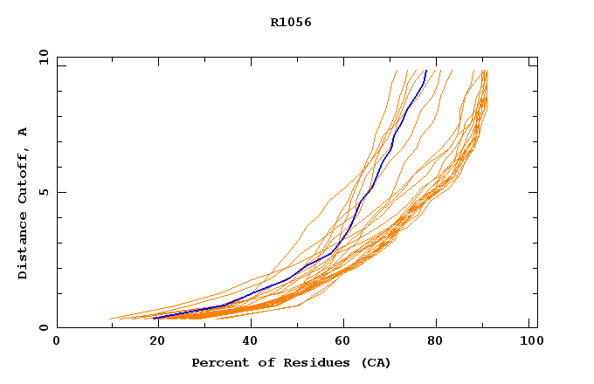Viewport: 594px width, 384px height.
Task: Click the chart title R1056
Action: coord(291,23)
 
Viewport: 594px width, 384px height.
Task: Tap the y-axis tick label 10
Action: coord(43,58)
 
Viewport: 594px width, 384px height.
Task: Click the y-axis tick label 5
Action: coord(43,192)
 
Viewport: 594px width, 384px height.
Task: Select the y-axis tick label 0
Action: coord(43,327)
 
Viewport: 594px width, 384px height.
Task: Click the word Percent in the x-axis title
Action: coord(218,363)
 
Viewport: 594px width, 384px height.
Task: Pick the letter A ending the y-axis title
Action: coord(24,132)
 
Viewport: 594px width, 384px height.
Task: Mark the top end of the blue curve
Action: coord(426,71)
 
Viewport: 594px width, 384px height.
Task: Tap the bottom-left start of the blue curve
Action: coord(155,318)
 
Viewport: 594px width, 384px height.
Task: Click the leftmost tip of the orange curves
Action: coord(110,319)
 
